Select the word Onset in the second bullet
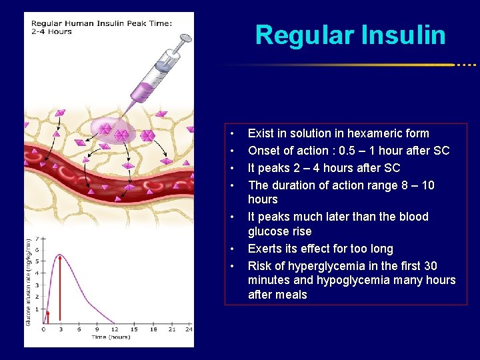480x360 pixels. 264,151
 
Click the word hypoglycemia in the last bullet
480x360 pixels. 365,281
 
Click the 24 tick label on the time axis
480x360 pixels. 189,329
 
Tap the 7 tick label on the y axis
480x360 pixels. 37,237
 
